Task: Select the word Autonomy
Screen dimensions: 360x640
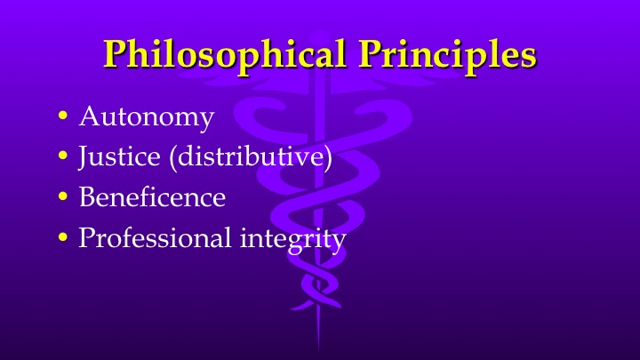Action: [146, 117]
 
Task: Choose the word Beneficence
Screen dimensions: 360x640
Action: [152, 196]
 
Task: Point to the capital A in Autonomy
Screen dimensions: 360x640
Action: [89, 116]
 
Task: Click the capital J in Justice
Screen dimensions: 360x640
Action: [83, 157]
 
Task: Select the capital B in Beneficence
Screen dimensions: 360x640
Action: [87, 196]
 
